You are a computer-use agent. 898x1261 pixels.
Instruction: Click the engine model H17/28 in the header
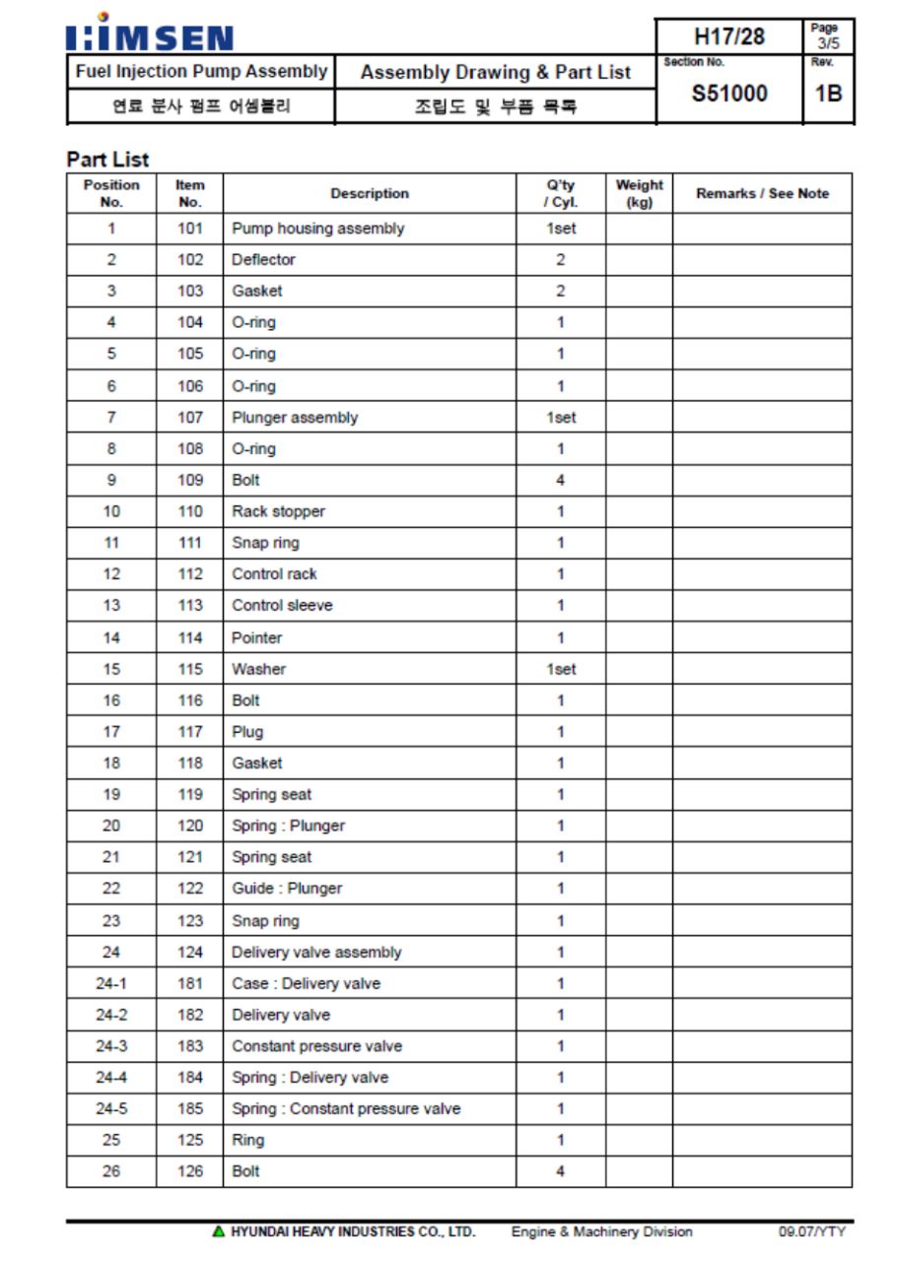(728, 36)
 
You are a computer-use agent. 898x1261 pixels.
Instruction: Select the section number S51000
(728, 94)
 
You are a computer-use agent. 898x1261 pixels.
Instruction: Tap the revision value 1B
(828, 94)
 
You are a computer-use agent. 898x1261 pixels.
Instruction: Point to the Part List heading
(107, 159)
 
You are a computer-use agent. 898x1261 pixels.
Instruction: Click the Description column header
(370, 194)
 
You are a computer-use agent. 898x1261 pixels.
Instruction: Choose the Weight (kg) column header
(639, 193)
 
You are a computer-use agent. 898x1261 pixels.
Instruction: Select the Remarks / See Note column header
(762, 194)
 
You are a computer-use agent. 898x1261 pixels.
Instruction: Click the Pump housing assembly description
(317, 229)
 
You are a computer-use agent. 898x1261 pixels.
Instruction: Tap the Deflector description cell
(263, 260)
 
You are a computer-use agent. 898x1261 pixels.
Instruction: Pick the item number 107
(190, 418)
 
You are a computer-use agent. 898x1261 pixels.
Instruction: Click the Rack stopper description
(278, 511)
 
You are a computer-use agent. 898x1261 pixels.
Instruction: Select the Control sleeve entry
(282, 606)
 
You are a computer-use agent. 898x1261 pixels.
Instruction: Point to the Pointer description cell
(256, 637)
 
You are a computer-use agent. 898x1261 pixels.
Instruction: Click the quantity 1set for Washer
(560, 669)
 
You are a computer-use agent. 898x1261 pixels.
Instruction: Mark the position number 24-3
(110, 1046)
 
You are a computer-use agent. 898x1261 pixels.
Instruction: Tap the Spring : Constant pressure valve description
(346, 1108)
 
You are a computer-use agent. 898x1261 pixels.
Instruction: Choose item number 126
(190, 1171)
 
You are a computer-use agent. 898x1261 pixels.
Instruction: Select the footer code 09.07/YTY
(811, 1231)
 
